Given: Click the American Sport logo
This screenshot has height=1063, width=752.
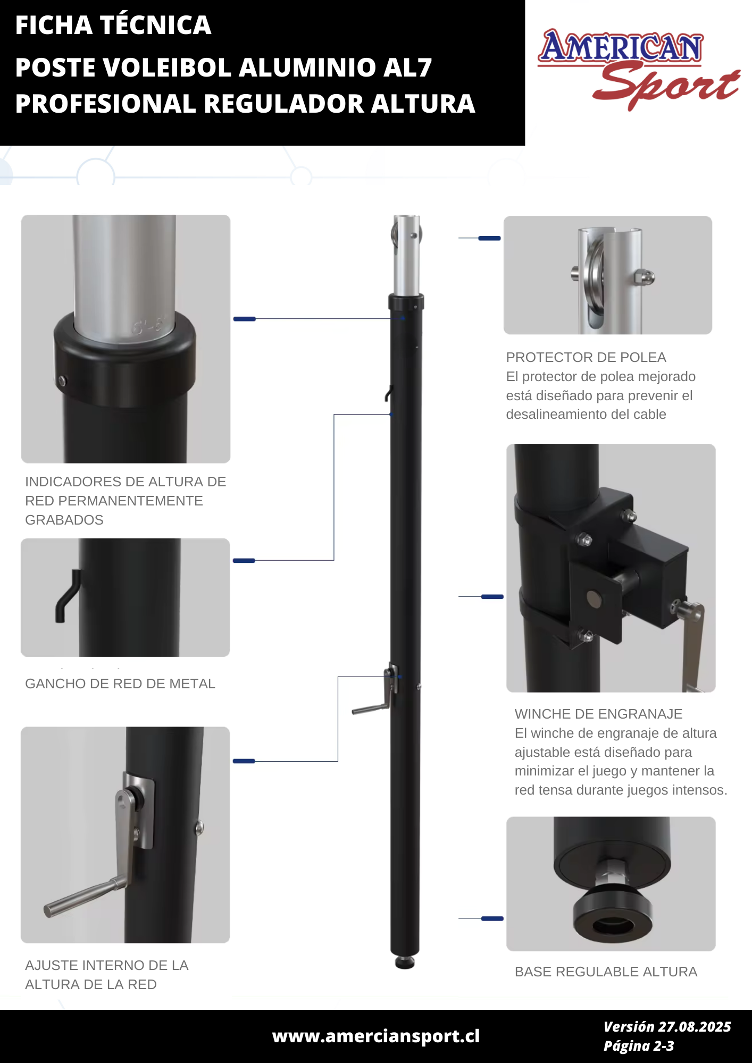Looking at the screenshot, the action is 638,69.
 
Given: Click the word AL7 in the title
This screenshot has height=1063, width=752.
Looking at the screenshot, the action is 404,68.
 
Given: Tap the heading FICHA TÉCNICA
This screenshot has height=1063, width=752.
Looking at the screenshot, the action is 113,25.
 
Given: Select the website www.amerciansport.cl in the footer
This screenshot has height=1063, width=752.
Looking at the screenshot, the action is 375,1036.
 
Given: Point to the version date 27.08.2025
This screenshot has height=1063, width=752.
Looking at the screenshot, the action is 695,1027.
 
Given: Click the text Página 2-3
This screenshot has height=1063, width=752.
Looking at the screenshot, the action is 639,1046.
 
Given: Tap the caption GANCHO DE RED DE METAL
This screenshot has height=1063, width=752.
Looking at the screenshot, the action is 120,684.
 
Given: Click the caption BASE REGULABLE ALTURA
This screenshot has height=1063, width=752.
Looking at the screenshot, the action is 606,972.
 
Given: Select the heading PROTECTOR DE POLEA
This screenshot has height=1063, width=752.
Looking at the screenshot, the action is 586,357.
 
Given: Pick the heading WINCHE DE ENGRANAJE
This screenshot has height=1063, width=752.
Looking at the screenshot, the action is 598,714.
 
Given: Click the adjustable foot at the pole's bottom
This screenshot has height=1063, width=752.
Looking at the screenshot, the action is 405,962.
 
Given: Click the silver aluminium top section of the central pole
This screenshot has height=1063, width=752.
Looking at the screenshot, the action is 407,255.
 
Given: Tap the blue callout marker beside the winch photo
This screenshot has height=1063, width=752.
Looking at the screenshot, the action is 492,597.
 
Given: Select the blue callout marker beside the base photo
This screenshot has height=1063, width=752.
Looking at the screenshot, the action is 492,918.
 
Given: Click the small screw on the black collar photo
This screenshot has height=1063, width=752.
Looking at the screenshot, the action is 62,380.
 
